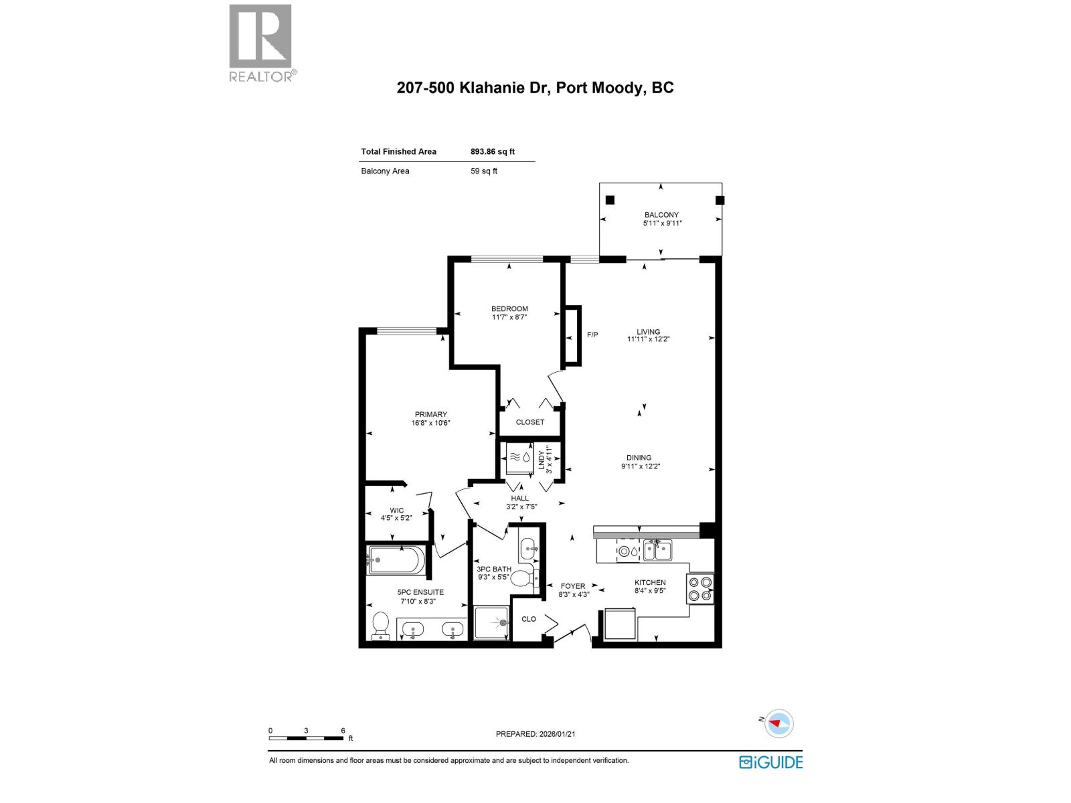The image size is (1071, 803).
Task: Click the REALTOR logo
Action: [x=261, y=43]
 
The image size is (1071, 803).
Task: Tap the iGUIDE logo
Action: [x=770, y=762]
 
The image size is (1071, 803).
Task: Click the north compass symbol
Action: [x=778, y=723]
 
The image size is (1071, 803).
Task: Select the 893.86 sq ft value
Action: [x=492, y=152]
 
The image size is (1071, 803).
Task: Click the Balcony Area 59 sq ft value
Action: [x=483, y=171]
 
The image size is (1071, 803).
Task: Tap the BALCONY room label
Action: [x=661, y=215]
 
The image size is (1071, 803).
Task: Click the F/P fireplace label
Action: [x=592, y=335]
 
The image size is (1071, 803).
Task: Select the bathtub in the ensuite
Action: [x=396, y=561]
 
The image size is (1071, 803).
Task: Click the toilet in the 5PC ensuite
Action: [x=381, y=626]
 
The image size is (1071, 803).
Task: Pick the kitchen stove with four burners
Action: [x=700, y=589]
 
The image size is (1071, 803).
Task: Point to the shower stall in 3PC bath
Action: [x=492, y=623]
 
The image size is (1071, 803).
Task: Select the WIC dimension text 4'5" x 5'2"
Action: [x=397, y=518]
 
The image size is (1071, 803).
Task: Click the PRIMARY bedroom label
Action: [x=430, y=415]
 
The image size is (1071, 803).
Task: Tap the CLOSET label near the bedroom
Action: [x=530, y=422]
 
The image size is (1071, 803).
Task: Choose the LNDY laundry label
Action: [x=542, y=460]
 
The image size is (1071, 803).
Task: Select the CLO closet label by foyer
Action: [x=529, y=619]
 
